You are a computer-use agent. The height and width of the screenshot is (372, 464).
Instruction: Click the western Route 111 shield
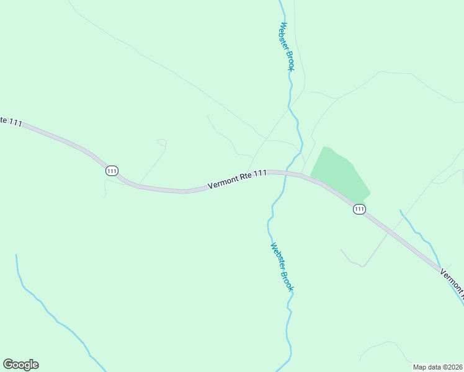(x=112, y=170)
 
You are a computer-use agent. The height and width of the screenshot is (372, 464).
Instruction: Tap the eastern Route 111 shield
(x=359, y=210)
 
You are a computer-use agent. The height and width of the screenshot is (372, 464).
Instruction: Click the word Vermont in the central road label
(x=222, y=181)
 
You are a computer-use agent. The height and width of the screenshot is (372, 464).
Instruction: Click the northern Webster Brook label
(x=286, y=46)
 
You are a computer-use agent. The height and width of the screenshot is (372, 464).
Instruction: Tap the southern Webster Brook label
(x=282, y=267)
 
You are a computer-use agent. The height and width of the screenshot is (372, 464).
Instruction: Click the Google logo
(x=20, y=365)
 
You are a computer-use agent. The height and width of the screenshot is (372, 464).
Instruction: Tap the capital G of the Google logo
(x=8, y=365)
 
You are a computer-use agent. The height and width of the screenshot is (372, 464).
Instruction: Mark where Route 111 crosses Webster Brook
(x=286, y=174)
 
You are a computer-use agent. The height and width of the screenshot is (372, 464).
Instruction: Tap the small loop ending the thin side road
(x=163, y=143)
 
